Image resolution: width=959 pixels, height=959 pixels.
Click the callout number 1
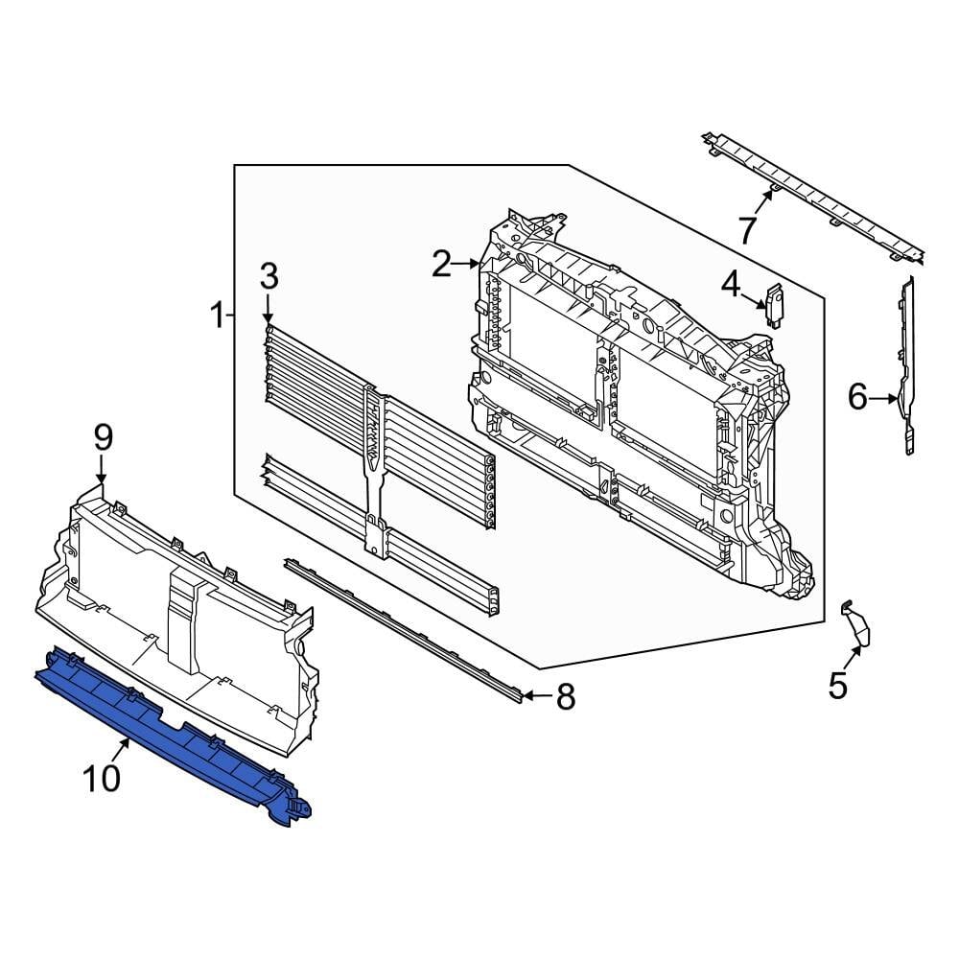(x=218, y=314)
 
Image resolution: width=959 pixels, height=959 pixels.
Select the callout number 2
(x=441, y=264)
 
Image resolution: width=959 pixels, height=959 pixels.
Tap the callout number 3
(x=269, y=277)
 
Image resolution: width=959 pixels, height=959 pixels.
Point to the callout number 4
(x=731, y=284)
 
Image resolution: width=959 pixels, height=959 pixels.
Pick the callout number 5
(x=838, y=685)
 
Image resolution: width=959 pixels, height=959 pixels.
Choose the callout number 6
(x=856, y=396)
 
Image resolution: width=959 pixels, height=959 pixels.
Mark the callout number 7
(x=747, y=230)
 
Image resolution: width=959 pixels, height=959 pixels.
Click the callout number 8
(x=566, y=697)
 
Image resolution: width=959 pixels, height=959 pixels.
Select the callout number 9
(x=103, y=438)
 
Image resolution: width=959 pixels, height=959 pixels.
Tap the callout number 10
(x=103, y=777)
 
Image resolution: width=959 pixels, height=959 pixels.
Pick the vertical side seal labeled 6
(x=906, y=364)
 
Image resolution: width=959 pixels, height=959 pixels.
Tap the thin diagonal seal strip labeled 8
(x=403, y=628)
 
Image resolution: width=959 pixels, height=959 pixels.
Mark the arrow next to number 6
(x=884, y=396)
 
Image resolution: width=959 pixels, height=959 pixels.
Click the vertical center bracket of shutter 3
(x=375, y=470)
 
